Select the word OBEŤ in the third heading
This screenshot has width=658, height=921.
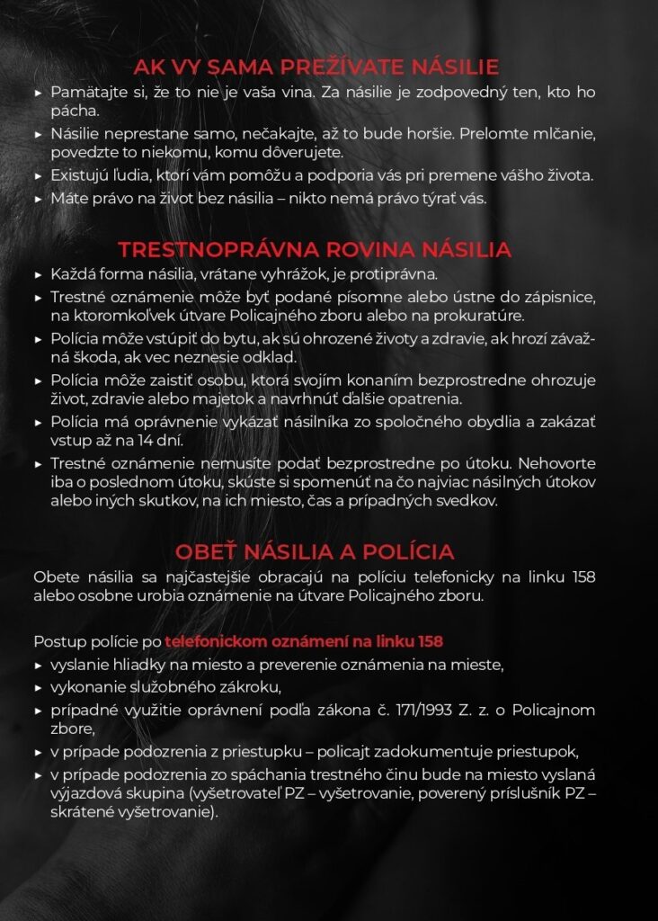pos(205,551)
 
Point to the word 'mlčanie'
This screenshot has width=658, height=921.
pos(562,133)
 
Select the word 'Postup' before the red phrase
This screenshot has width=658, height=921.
pos(57,642)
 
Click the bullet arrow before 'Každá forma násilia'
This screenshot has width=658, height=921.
pos(38,275)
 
